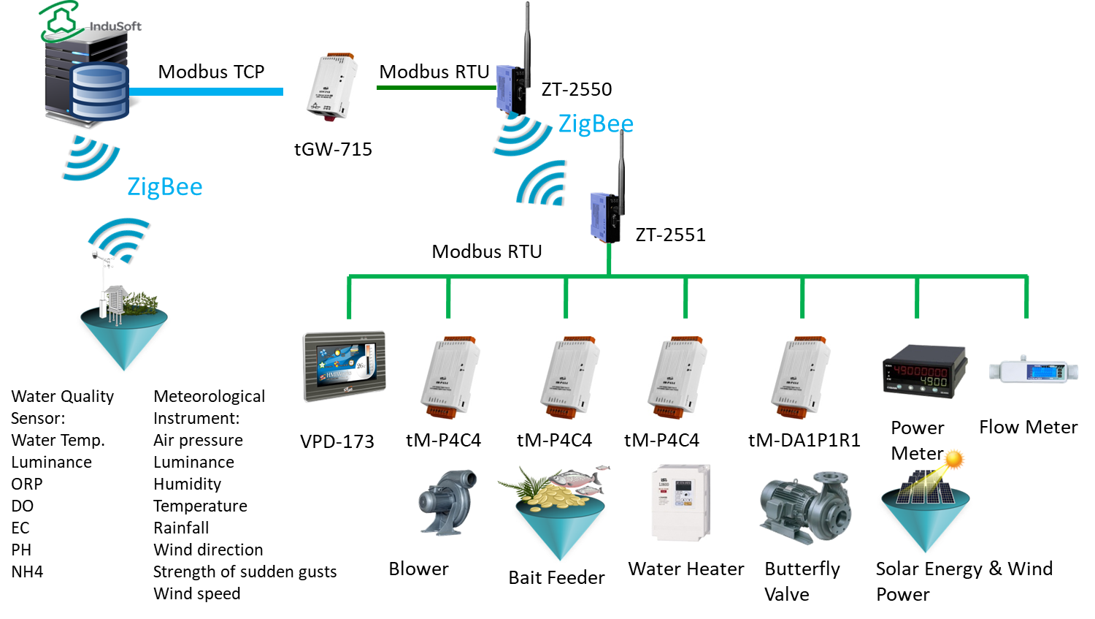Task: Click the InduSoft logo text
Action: [x=115, y=26]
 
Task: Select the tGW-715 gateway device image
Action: [x=332, y=86]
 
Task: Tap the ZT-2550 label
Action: [x=577, y=90]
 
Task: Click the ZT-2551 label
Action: [x=670, y=235]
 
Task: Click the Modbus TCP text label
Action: [x=211, y=72]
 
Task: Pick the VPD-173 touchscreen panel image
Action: [x=345, y=366]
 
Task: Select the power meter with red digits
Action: [x=924, y=371]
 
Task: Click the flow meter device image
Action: [x=1033, y=370]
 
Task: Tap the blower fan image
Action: [x=447, y=502]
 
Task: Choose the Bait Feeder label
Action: [x=556, y=578]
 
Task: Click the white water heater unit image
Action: [x=680, y=502]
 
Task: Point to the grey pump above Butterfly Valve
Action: [x=805, y=507]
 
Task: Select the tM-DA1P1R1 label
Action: [x=804, y=441]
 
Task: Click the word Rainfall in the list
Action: [x=181, y=528]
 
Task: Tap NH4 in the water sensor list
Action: [x=27, y=572]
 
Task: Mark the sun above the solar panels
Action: [x=953, y=460]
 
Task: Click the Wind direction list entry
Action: [x=208, y=550]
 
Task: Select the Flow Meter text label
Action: [x=1028, y=428]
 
